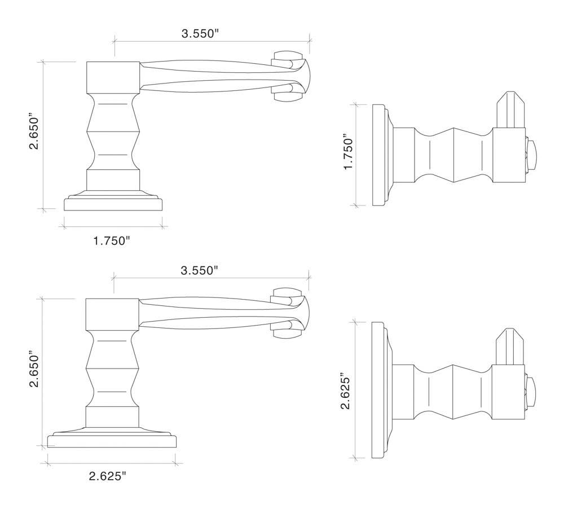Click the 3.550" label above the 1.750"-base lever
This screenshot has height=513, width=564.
click(200, 33)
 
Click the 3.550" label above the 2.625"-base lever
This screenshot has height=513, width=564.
click(199, 270)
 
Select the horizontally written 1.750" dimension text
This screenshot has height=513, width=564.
click(112, 241)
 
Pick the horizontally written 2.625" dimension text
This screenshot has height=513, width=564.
click(107, 476)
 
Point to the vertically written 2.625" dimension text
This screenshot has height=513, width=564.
click(346, 392)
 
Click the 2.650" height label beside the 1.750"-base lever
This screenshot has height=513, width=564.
click(34, 133)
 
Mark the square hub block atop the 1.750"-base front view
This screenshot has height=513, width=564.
click(113, 77)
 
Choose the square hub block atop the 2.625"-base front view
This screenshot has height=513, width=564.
click(112, 314)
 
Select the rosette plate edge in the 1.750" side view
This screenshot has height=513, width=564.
click(378, 155)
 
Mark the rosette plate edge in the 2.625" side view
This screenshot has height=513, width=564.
click(377, 392)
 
